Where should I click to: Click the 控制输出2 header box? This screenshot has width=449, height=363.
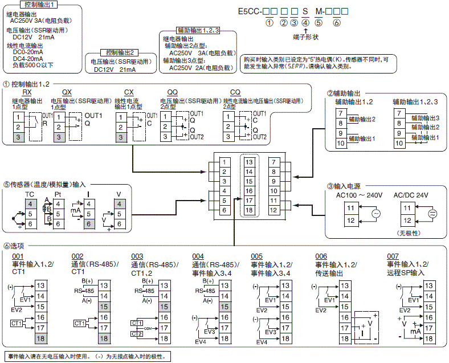(119, 52)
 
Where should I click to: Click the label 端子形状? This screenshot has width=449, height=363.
(305, 37)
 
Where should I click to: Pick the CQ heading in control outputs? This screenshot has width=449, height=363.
(235, 92)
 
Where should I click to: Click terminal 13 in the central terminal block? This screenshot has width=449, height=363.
(249, 162)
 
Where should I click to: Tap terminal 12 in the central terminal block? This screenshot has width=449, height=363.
(274, 210)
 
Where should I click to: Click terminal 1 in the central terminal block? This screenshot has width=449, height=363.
(224, 162)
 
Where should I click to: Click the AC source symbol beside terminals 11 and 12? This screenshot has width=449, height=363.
(375, 214)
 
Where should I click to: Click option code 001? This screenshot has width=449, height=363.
(18, 256)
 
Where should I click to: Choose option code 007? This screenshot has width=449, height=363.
(393, 256)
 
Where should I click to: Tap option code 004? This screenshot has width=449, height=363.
(198, 256)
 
